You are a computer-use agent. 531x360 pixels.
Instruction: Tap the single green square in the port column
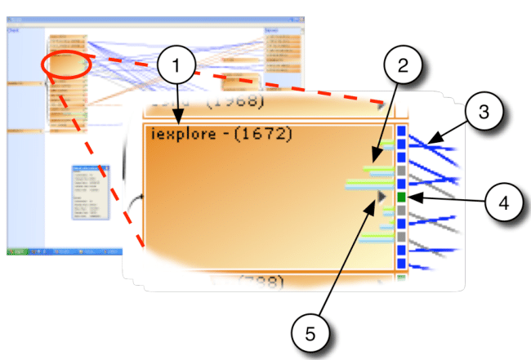(401, 198)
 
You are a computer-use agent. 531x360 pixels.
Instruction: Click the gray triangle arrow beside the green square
(382, 196)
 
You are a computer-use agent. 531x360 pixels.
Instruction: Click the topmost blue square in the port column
(401, 131)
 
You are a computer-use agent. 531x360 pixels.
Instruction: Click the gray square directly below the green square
(401, 210)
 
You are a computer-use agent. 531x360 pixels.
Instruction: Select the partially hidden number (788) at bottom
(253, 282)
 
